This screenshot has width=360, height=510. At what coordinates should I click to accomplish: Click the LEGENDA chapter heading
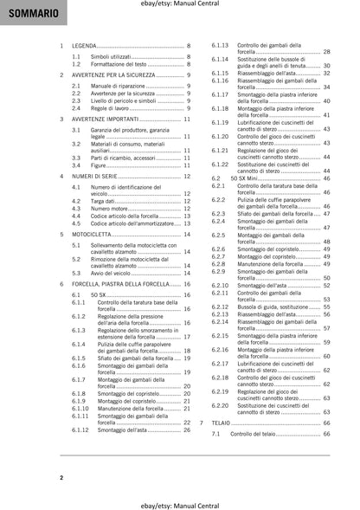click(84, 44)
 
